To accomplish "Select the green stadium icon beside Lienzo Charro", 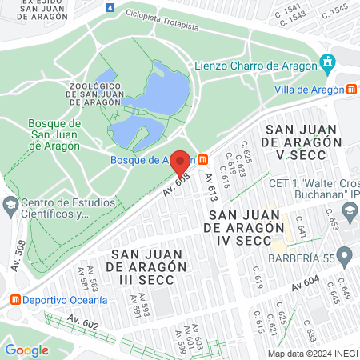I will (326, 62).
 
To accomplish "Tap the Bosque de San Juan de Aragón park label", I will (54, 134).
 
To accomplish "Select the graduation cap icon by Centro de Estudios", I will (10, 206).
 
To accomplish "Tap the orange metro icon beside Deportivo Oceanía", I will (14, 300).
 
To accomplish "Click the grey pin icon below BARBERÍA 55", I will (345, 257).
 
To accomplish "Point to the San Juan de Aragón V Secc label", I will (303, 142).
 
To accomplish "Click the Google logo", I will (26, 350).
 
